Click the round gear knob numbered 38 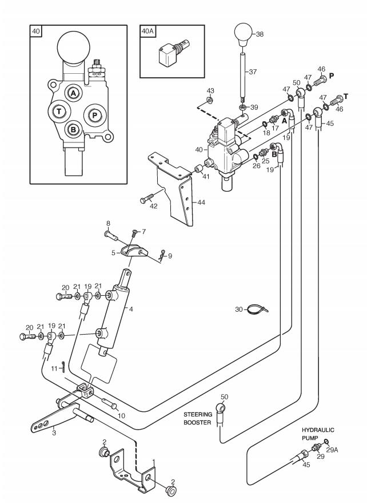(x=244, y=34)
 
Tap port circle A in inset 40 (x=74, y=93)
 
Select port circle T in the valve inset (x=59, y=112)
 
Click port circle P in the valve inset (x=95, y=115)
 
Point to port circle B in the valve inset (x=74, y=129)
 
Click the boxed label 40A (x=147, y=31)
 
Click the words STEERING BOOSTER (x=198, y=418)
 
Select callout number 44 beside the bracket (x=201, y=203)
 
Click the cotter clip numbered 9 (x=162, y=254)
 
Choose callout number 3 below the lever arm (x=54, y=432)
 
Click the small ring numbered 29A (x=326, y=440)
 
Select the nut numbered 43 (x=209, y=101)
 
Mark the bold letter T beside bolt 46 (x=346, y=97)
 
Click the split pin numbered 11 (x=63, y=367)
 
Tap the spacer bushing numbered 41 (x=198, y=168)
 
